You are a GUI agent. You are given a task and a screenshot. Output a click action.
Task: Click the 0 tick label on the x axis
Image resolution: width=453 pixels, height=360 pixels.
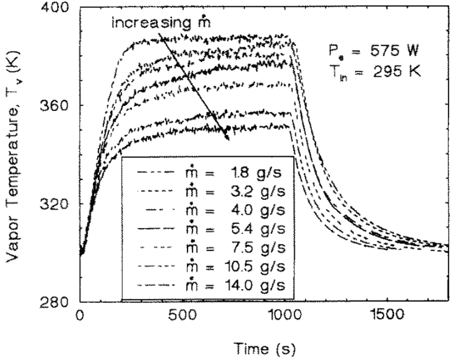pos(80,314)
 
